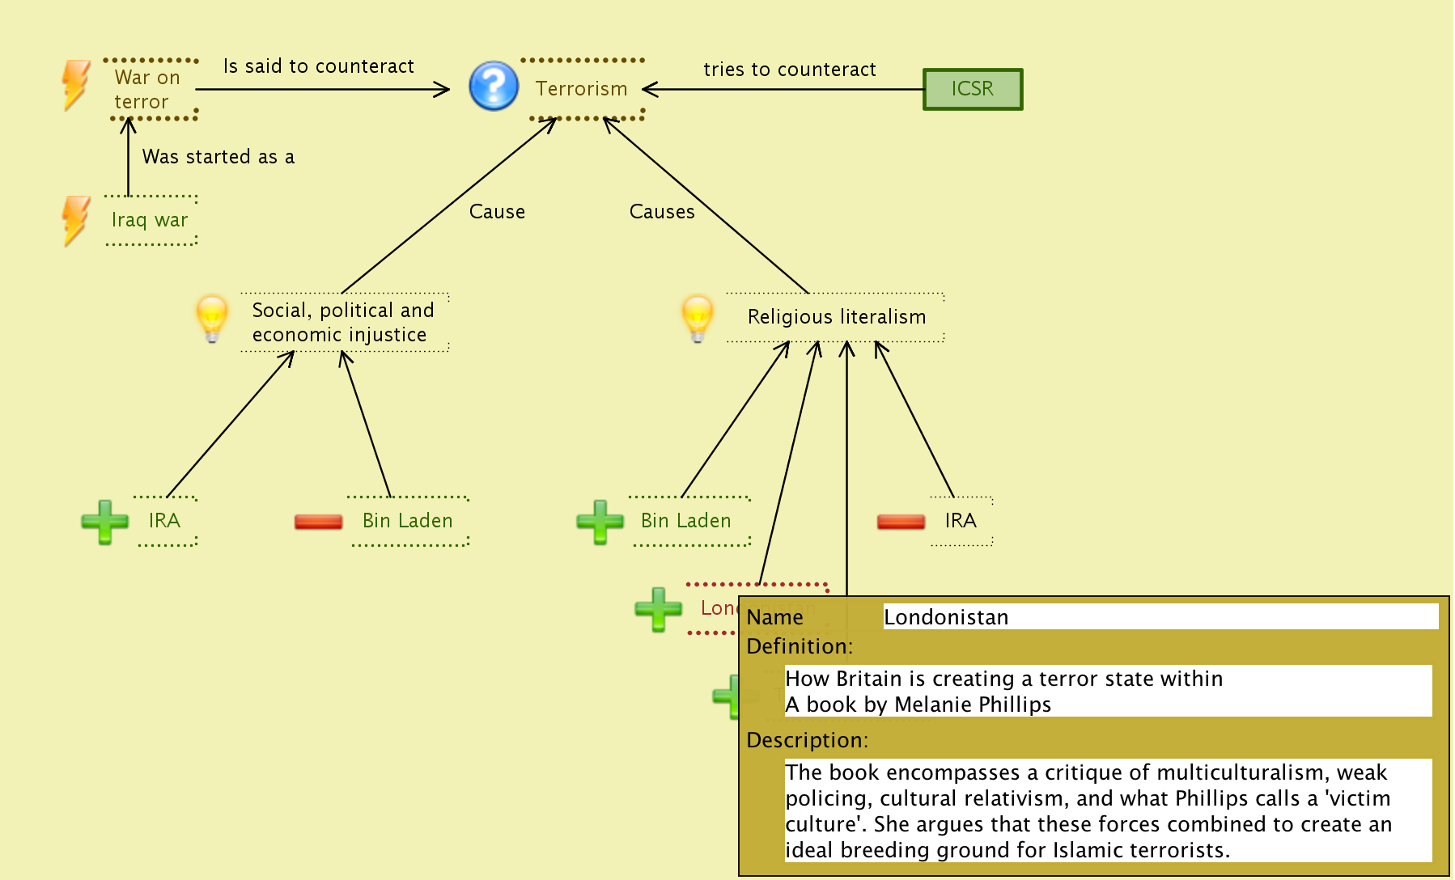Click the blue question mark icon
click(x=494, y=86)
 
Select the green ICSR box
click(x=973, y=89)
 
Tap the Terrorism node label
click(x=581, y=89)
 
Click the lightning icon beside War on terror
click(x=76, y=84)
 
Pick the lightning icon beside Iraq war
click(x=76, y=220)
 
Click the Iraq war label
click(x=150, y=220)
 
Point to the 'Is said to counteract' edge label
click(x=318, y=66)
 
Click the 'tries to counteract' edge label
click(x=789, y=70)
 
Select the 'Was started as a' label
click(x=218, y=157)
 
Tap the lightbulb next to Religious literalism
click(x=697, y=317)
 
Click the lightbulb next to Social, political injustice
click(x=212, y=317)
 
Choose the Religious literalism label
click(x=836, y=317)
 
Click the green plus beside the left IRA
click(x=105, y=522)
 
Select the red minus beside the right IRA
click(x=901, y=522)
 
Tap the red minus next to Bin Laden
click(x=318, y=522)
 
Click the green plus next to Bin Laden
click(x=600, y=522)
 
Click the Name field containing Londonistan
click(x=1159, y=617)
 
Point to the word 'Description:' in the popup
click(x=807, y=740)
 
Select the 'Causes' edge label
click(x=662, y=212)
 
